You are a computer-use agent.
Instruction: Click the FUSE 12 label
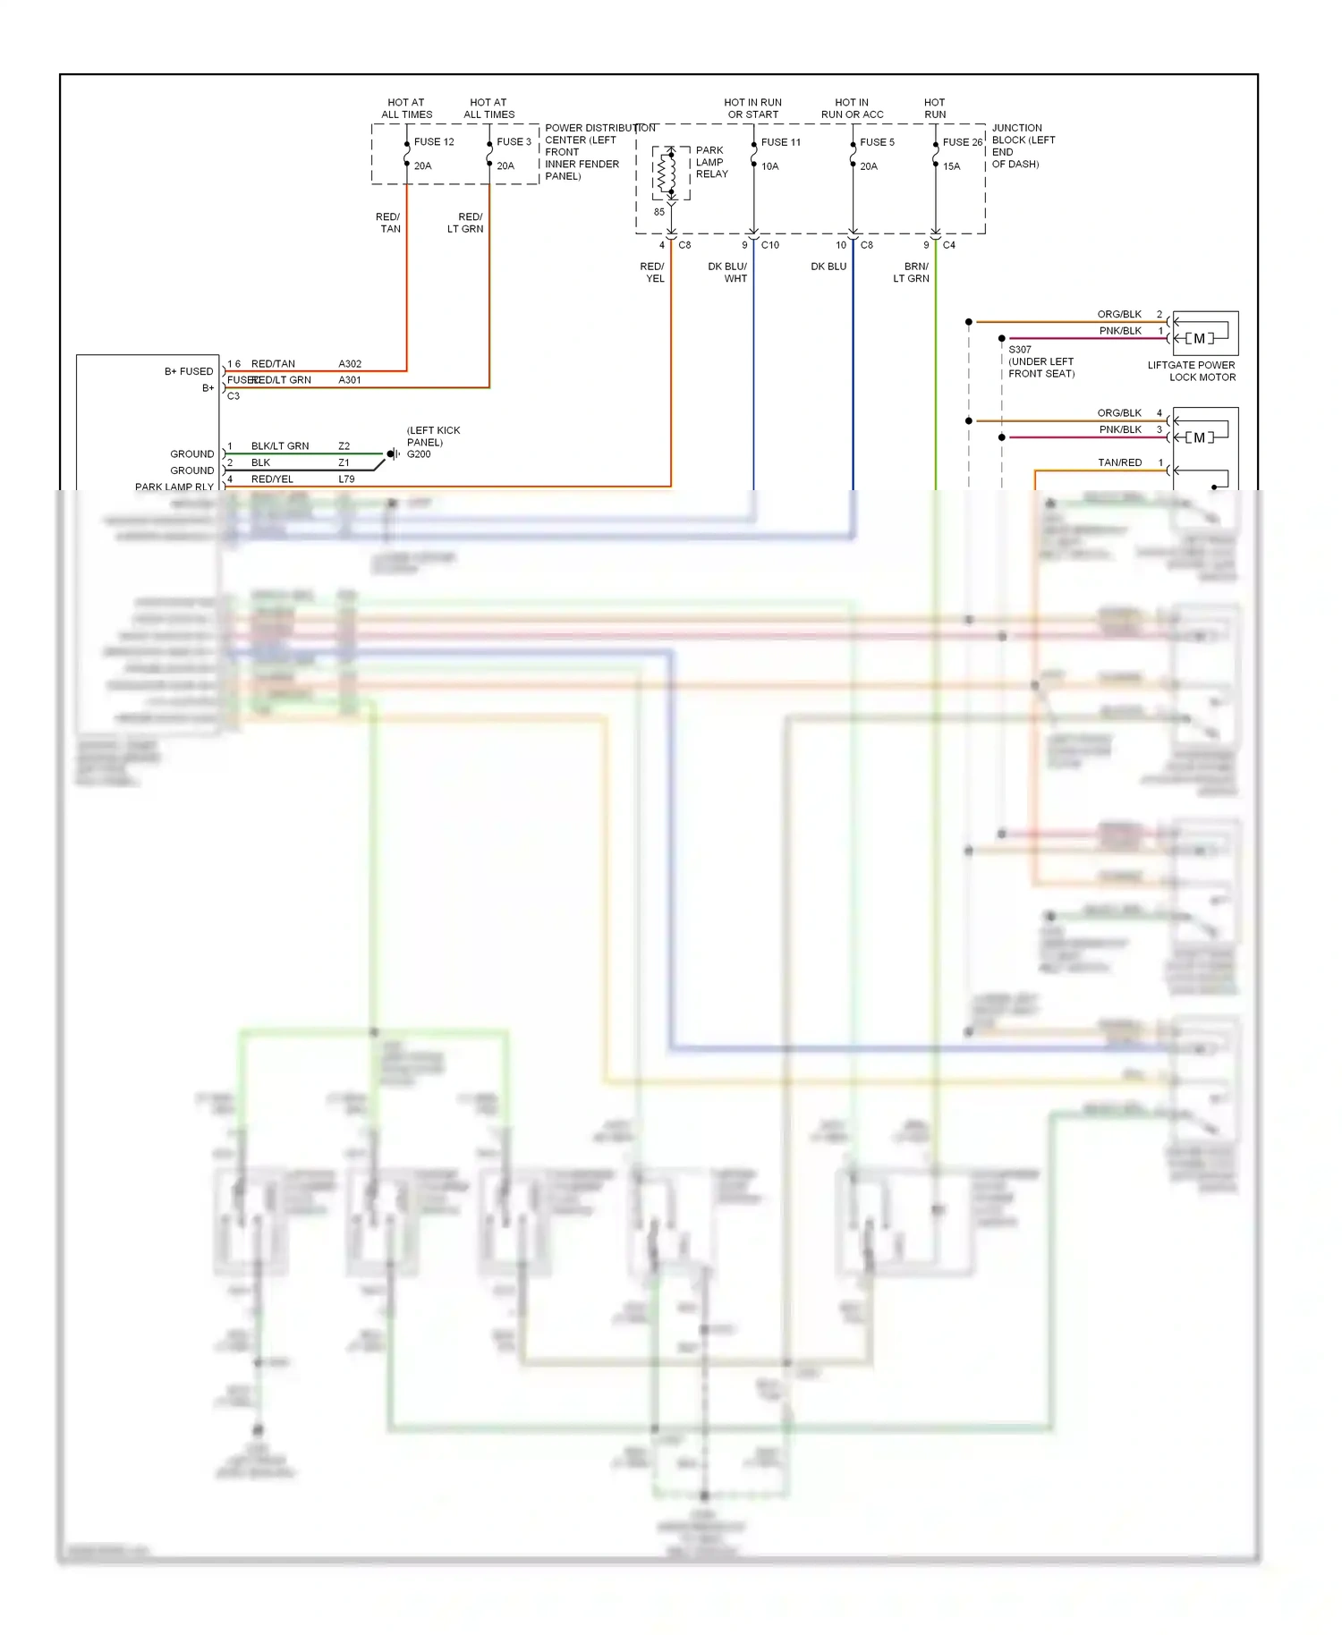(x=434, y=142)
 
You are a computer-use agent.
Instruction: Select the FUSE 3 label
(x=514, y=142)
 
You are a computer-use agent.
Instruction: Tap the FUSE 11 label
(x=780, y=142)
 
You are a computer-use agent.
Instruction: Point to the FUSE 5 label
(x=877, y=142)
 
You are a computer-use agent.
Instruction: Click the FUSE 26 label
(x=962, y=142)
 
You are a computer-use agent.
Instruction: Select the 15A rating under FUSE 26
(x=951, y=166)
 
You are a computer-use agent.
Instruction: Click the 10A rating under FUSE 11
(x=769, y=166)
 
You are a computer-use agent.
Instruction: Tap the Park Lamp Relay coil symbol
(x=667, y=174)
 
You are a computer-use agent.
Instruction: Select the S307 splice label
(x=1020, y=350)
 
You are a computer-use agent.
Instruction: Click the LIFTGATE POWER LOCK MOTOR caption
(x=1192, y=371)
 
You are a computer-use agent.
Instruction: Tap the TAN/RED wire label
(x=1119, y=462)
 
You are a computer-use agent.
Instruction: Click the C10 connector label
(x=769, y=245)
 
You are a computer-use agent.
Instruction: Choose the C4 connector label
(x=948, y=245)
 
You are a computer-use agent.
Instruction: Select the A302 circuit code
(x=350, y=364)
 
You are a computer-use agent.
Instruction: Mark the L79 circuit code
(x=346, y=479)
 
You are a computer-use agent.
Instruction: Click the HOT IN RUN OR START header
(x=752, y=108)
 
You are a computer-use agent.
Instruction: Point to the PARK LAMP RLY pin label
(x=174, y=487)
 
